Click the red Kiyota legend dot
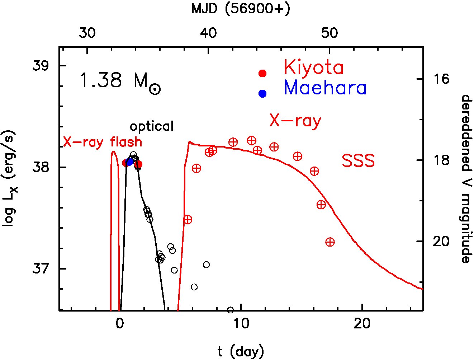click(x=262, y=73)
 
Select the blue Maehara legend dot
click(x=262, y=93)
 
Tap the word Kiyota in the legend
click(x=314, y=67)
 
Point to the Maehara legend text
click(x=325, y=88)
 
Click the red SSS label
click(x=358, y=161)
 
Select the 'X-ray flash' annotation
click(x=103, y=142)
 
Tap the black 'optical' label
click(x=152, y=126)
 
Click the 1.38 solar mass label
click(x=120, y=81)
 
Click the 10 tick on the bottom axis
click(x=241, y=324)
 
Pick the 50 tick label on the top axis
click(x=330, y=33)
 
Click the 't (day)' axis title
click(x=241, y=351)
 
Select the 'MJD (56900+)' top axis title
click(x=241, y=9)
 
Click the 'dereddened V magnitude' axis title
click(x=466, y=178)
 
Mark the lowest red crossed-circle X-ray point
click(x=330, y=242)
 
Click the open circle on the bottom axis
click(x=231, y=310)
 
